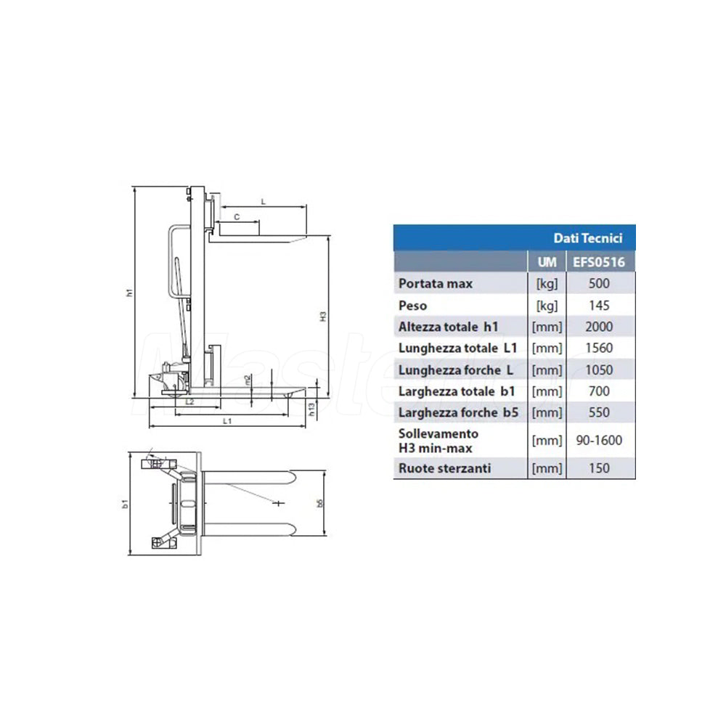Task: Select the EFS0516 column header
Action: point(599,262)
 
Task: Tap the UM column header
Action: point(547,262)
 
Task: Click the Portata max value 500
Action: point(599,283)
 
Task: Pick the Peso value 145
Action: point(599,306)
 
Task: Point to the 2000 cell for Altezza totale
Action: point(599,327)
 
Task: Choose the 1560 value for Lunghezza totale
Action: point(599,348)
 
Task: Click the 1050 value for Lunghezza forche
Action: point(599,370)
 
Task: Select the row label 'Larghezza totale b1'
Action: point(457,392)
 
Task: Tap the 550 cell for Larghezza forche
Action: point(599,412)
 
